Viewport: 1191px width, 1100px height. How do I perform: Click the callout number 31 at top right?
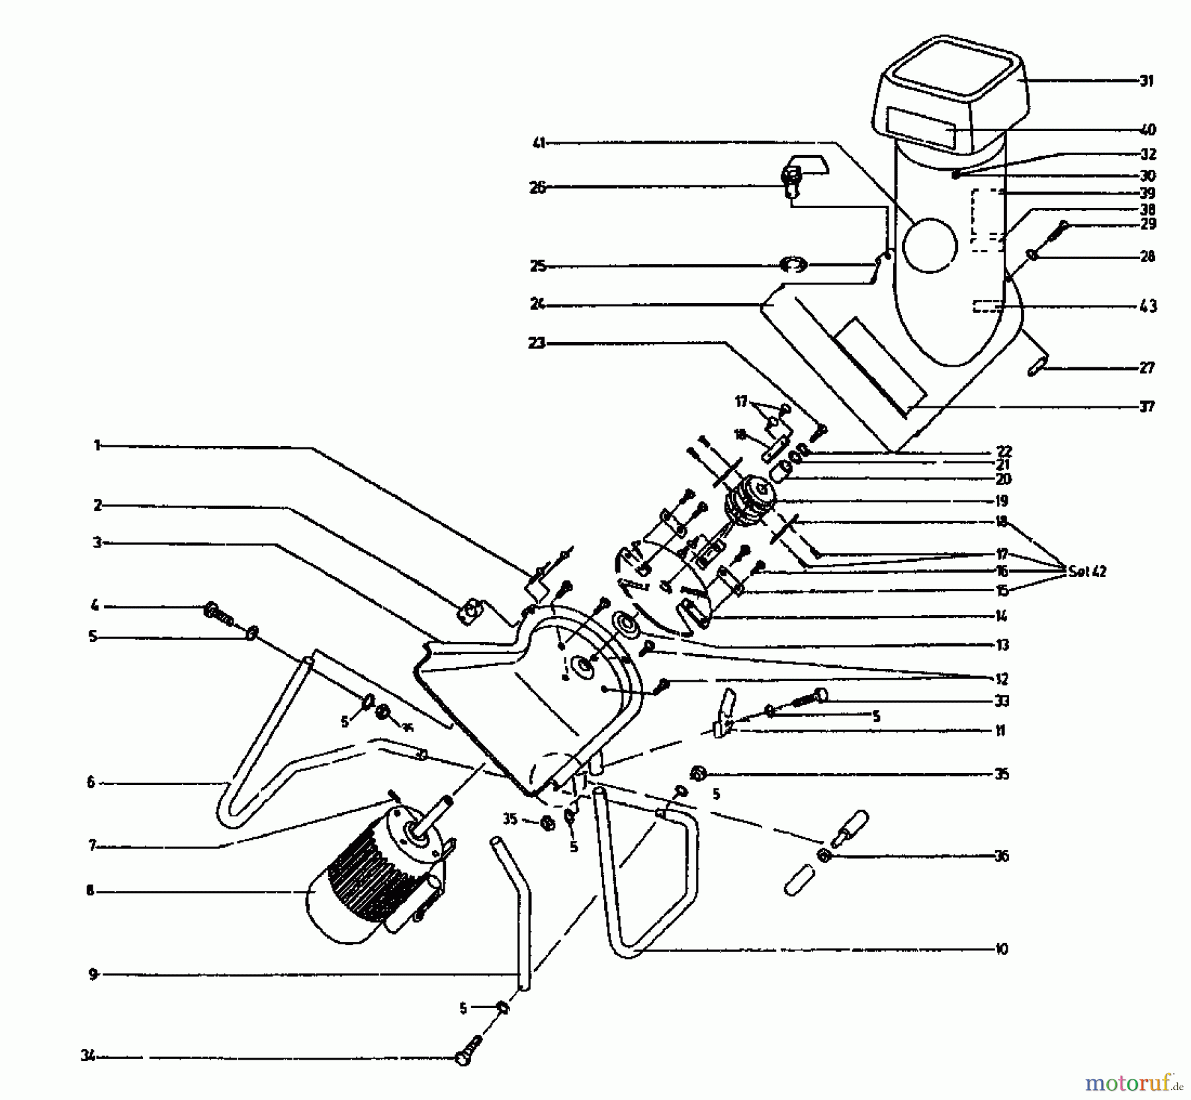[1147, 81]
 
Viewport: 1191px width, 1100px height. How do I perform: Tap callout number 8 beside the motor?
[90, 891]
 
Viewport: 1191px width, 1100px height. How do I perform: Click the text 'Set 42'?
[1086, 571]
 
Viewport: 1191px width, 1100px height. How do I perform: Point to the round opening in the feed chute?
[930, 245]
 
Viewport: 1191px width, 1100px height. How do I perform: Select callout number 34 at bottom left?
[87, 1056]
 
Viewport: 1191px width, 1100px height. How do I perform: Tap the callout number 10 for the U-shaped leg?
[1001, 949]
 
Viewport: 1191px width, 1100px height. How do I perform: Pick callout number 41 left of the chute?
[539, 142]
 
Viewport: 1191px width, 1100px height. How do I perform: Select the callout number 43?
[1147, 306]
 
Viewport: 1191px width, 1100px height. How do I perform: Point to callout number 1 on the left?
[97, 446]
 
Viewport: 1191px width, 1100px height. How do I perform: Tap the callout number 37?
[1147, 406]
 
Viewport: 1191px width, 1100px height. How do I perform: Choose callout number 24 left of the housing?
[537, 304]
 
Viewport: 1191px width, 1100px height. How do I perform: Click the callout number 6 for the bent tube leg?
[91, 782]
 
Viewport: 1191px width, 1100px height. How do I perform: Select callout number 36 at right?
[1002, 856]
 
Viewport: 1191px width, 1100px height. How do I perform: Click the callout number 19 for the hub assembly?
[1001, 500]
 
